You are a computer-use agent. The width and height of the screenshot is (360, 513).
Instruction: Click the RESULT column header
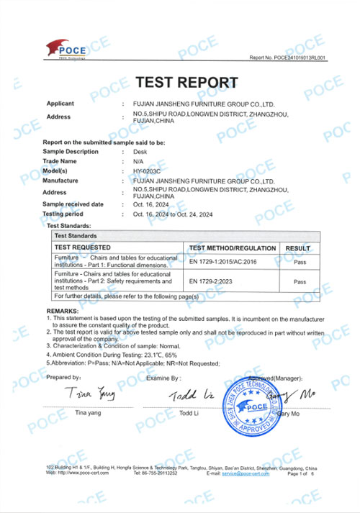click(x=297, y=248)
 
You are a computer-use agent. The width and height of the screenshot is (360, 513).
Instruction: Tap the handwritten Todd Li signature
click(x=189, y=395)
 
